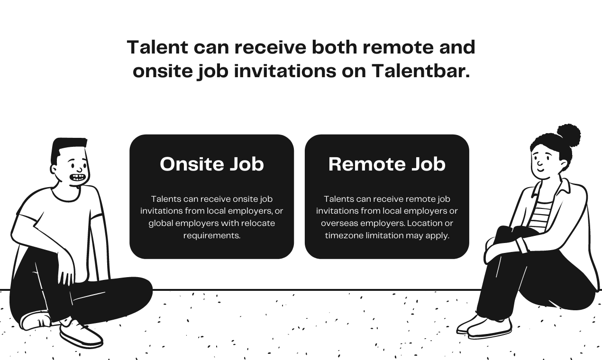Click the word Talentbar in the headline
pos(420,71)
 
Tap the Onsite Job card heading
pos(211,164)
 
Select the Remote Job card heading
pos(387,164)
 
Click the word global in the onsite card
pos(160,223)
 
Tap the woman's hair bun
pos(568,135)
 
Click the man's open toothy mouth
pos(78,179)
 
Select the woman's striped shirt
pos(541,216)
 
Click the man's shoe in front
pos(81,334)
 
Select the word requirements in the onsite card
pos(211,235)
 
